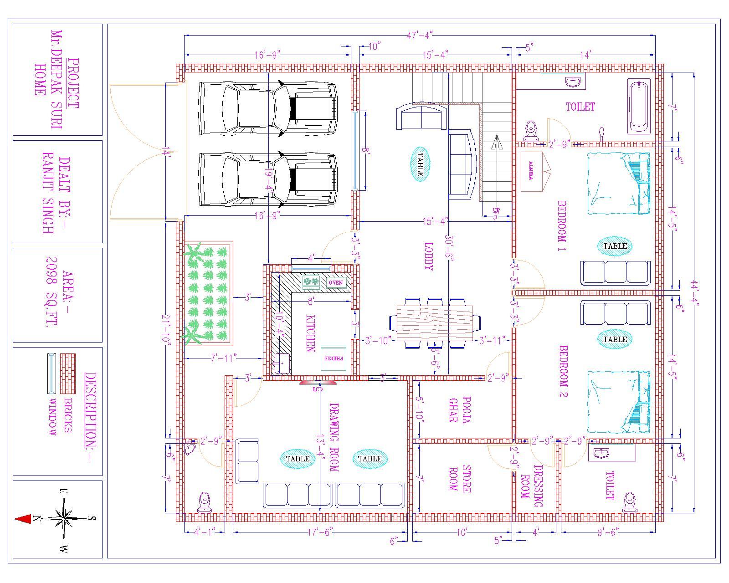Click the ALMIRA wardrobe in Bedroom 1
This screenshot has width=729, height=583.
531,171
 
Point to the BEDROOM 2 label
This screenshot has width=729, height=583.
563,372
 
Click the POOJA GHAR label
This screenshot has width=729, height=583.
459,409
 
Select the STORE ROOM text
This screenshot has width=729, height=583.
459,478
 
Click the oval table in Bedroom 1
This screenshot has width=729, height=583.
615,246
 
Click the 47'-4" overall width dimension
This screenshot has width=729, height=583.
419,35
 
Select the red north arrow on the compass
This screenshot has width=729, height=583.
23,519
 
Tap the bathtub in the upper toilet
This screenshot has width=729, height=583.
638,106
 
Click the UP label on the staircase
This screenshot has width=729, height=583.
496,210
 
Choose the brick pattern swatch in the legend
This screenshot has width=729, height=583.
68,373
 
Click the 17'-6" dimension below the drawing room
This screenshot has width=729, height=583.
320,532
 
